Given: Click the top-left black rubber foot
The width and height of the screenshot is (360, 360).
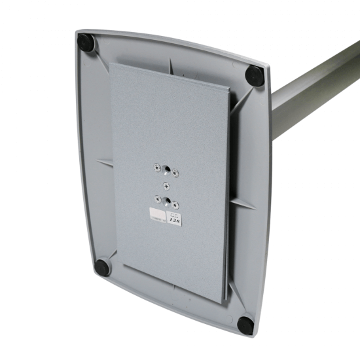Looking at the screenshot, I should (x=86, y=43).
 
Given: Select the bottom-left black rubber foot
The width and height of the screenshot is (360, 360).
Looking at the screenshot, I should (x=101, y=266).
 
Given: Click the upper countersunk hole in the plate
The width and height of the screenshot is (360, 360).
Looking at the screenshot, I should (x=167, y=171).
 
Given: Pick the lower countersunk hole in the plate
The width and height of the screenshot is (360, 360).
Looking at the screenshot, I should (x=168, y=200).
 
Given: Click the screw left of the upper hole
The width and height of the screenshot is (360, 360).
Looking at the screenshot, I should (x=156, y=167).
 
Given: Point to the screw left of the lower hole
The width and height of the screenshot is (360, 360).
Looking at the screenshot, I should (x=157, y=196).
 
